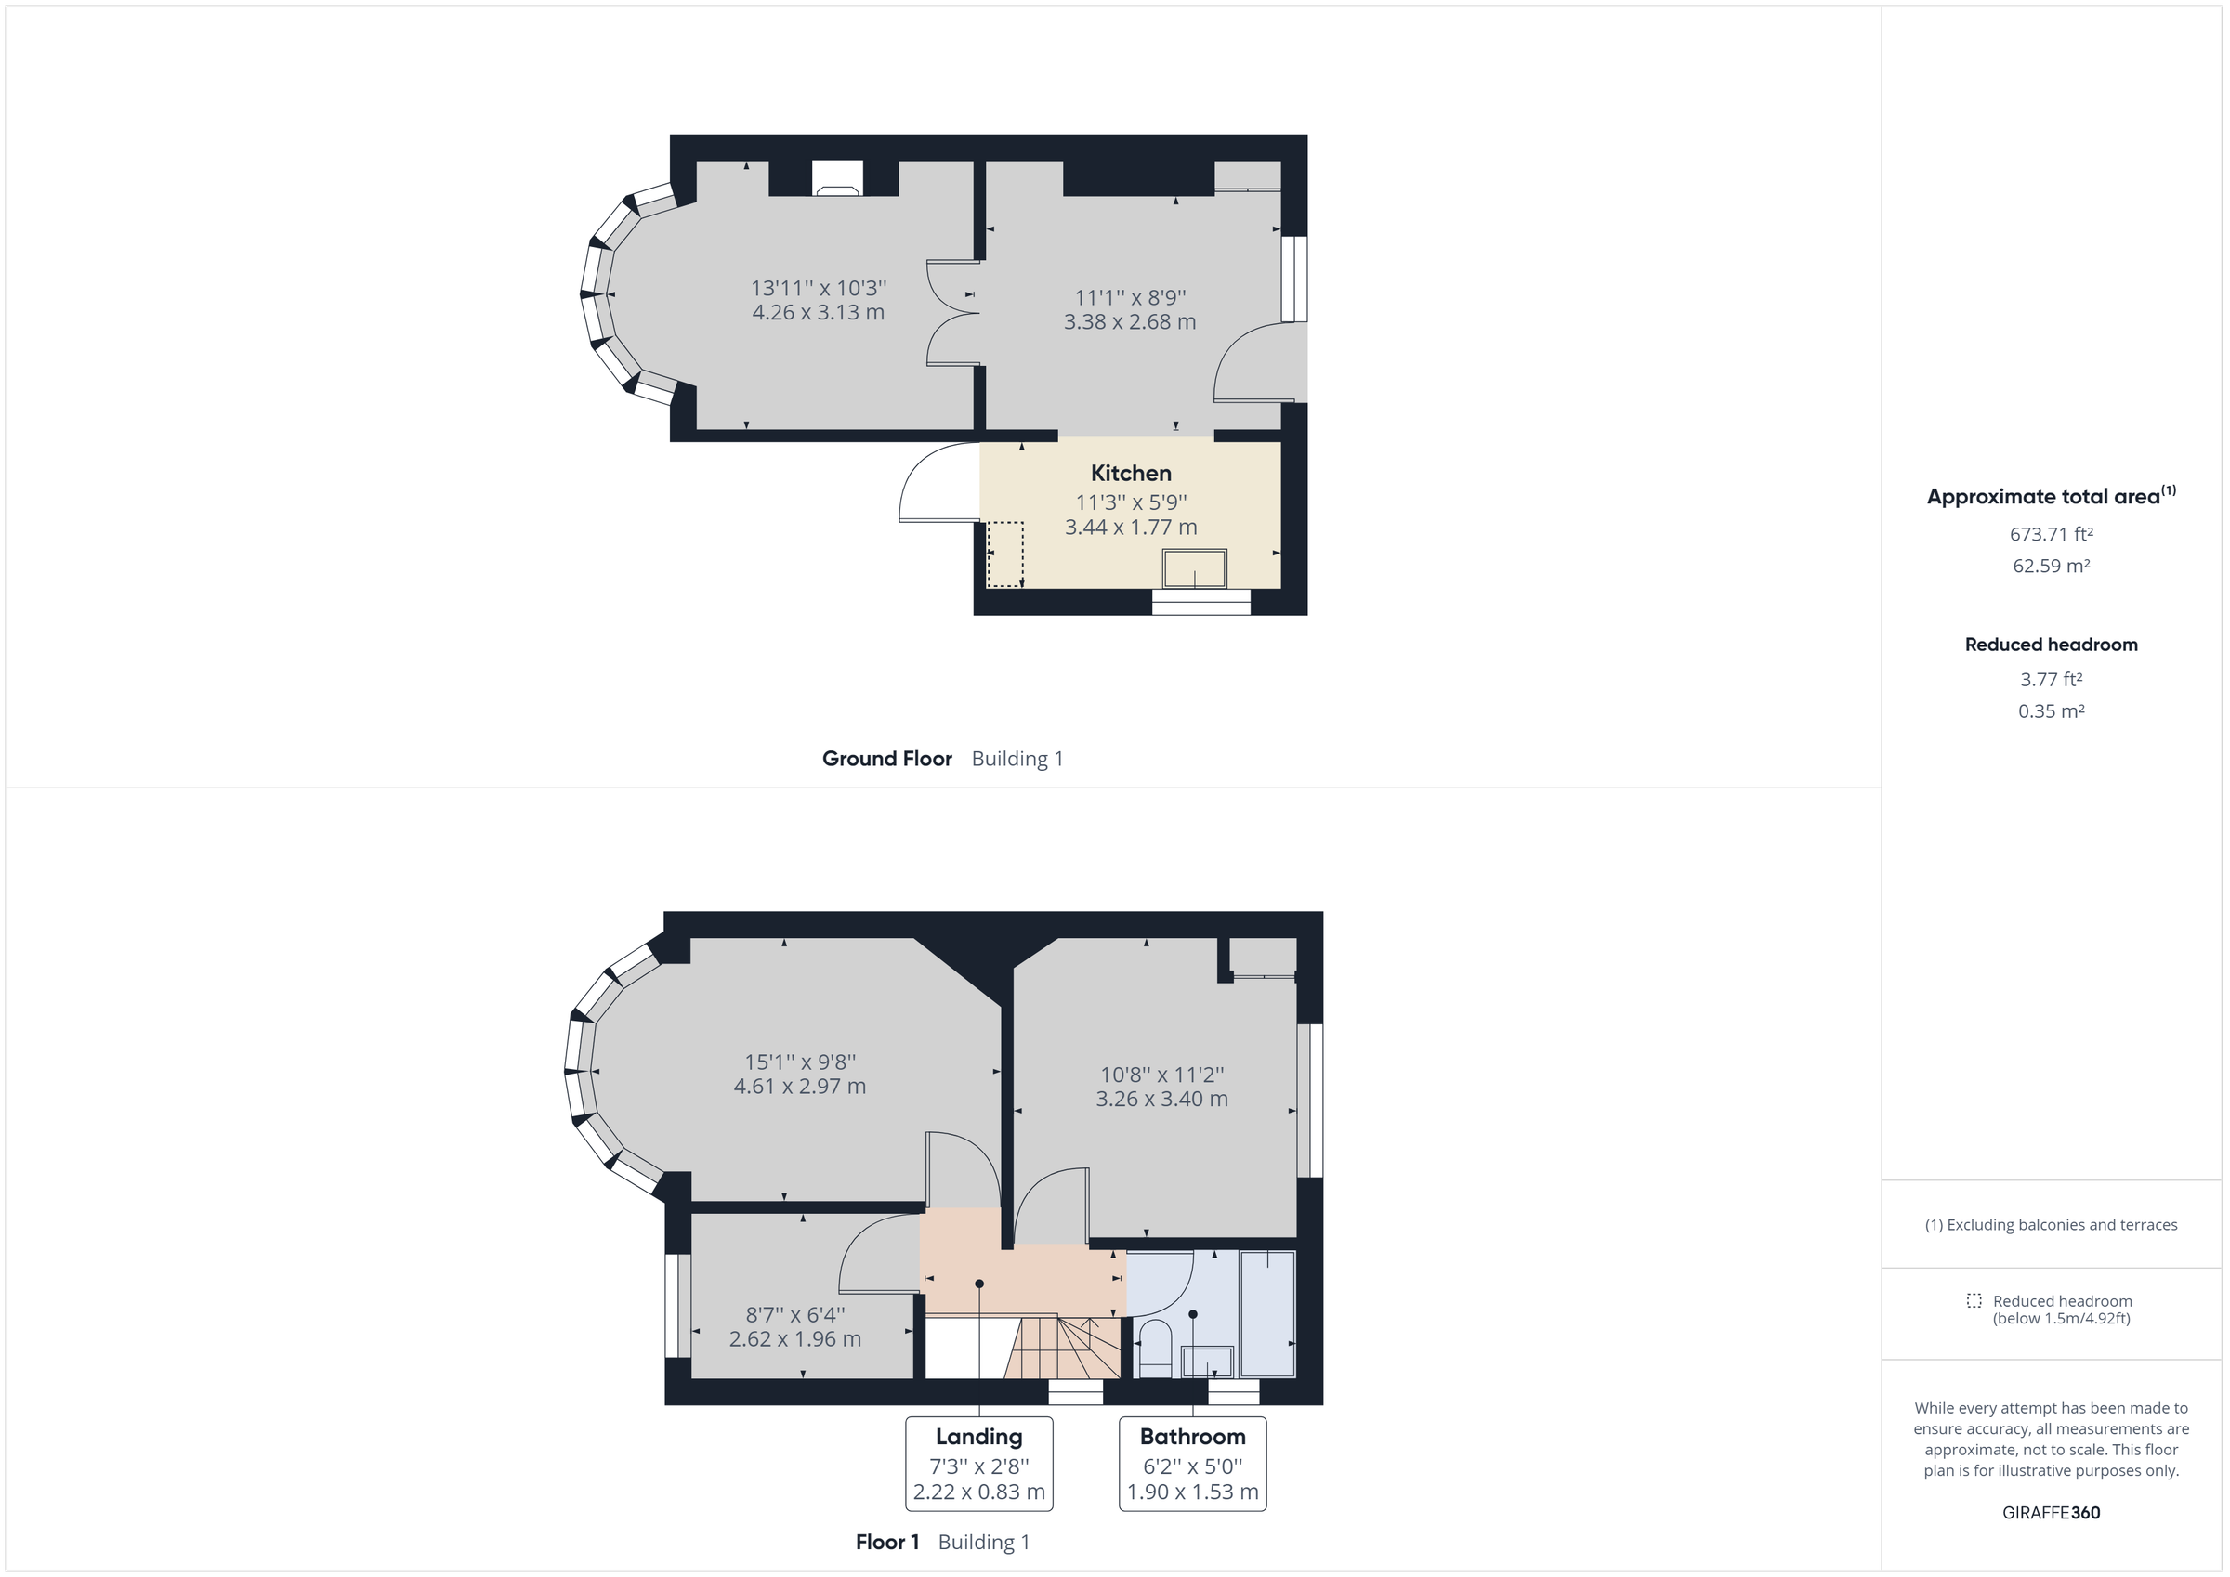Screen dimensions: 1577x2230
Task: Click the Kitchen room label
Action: pos(1131,473)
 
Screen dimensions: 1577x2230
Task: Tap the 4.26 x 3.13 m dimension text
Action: pos(818,313)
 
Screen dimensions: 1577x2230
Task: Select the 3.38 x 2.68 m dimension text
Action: pos(1130,322)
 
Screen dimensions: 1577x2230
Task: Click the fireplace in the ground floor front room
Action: pos(836,179)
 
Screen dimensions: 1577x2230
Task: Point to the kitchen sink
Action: pos(1194,569)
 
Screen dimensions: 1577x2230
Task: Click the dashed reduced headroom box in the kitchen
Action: pos(1005,554)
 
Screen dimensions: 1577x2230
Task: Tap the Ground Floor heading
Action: pos(886,759)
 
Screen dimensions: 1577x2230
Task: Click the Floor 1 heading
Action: pos(886,1542)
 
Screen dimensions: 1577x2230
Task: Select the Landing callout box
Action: pos(979,1464)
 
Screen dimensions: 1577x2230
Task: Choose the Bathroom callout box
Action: pos(1192,1464)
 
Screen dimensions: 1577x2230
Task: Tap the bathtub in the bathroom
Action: pos(1267,1314)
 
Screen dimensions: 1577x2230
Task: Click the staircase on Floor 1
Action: pos(1064,1348)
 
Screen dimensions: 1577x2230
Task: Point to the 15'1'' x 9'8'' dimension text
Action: pos(799,1062)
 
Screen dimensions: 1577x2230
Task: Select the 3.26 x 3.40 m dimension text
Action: pos(1161,1100)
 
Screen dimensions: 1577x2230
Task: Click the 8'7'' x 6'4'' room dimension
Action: pos(794,1315)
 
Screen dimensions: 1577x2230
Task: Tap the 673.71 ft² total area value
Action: pos(2051,534)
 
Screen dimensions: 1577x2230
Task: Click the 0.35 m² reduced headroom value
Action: pos(2051,710)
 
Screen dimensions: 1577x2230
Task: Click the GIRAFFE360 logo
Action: pos(2051,1513)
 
